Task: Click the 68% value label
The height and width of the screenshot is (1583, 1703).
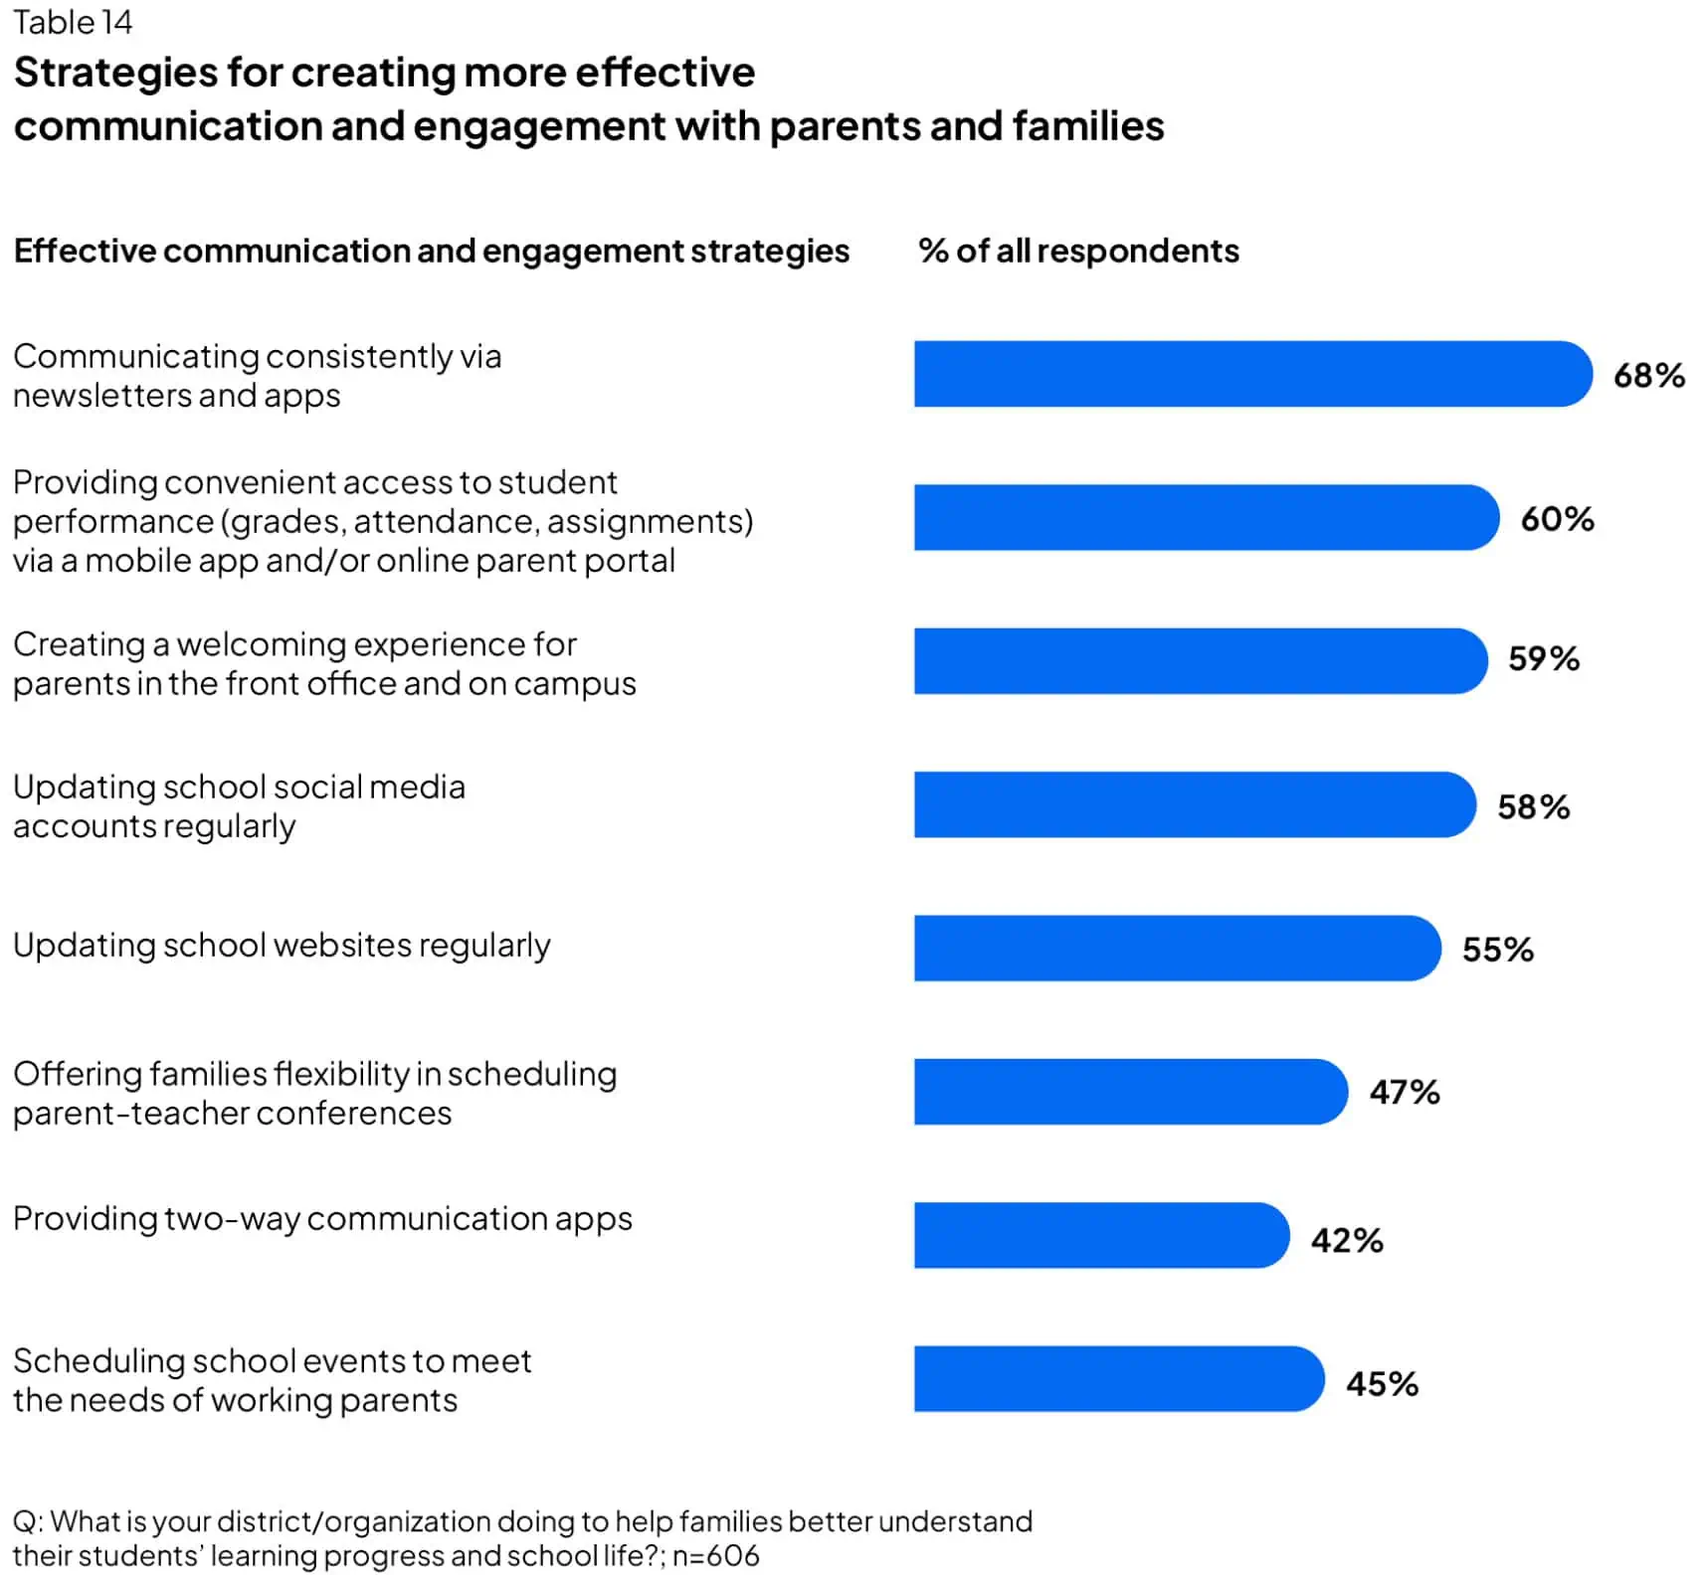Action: (1648, 376)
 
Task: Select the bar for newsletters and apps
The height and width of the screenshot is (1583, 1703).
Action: (1251, 374)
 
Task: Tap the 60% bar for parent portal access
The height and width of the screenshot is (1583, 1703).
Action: (1205, 517)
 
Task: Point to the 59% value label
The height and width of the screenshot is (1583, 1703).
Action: (1543, 658)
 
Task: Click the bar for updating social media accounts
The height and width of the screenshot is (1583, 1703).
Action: (1194, 804)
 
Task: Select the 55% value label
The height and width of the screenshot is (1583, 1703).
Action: (1497, 950)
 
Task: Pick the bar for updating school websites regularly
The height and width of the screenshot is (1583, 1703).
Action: (1176, 949)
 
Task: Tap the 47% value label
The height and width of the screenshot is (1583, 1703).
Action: (1404, 1093)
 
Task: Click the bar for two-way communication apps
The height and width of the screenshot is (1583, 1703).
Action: (1100, 1235)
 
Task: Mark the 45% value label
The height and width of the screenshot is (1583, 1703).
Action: (1382, 1384)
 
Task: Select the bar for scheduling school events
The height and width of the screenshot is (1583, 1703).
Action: (1118, 1379)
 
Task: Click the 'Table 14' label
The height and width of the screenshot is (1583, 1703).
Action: (73, 22)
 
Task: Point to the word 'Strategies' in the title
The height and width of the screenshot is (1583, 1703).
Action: (115, 73)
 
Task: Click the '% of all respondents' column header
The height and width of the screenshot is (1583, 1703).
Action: (1078, 251)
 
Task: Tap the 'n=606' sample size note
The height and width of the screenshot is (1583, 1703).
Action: (715, 1556)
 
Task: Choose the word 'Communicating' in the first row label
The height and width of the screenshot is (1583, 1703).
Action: (134, 356)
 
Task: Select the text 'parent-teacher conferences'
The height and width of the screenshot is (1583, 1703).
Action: (232, 1114)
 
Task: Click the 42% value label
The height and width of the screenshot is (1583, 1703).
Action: (1346, 1241)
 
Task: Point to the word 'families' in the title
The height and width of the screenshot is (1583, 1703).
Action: (1087, 127)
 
